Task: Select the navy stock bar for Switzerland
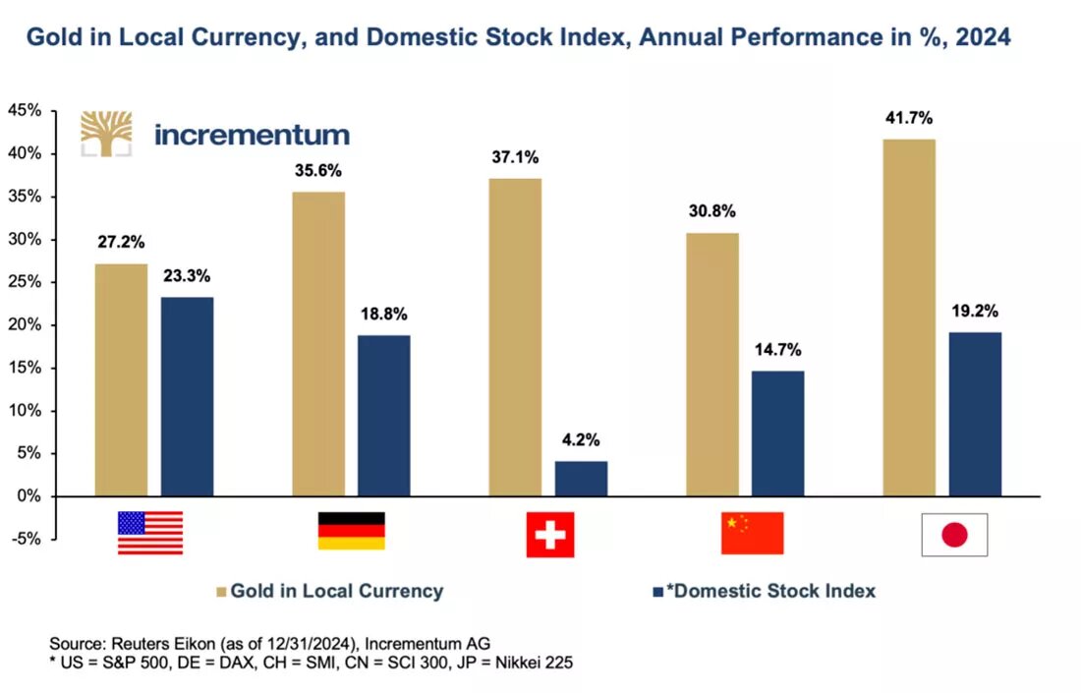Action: click(x=581, y=479)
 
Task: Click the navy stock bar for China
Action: click(x=778, y=433)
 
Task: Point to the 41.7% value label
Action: click(x=908, y=118)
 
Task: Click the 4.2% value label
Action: click(x=581, y=438)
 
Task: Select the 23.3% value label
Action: click(x=188, y=276)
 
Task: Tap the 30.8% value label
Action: click(x=712, y=211)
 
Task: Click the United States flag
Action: click(x=150, y=533)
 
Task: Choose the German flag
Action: click(x=351, y=531)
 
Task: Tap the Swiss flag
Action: click(x=549, y=534)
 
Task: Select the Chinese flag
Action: click(x=752, y=533)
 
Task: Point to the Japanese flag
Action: click(x=954, y=535)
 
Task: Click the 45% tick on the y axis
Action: click(x=25, y=111)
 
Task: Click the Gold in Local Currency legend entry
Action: click(x=326, y=591)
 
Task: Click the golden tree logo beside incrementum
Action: click(x=106, y=134)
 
